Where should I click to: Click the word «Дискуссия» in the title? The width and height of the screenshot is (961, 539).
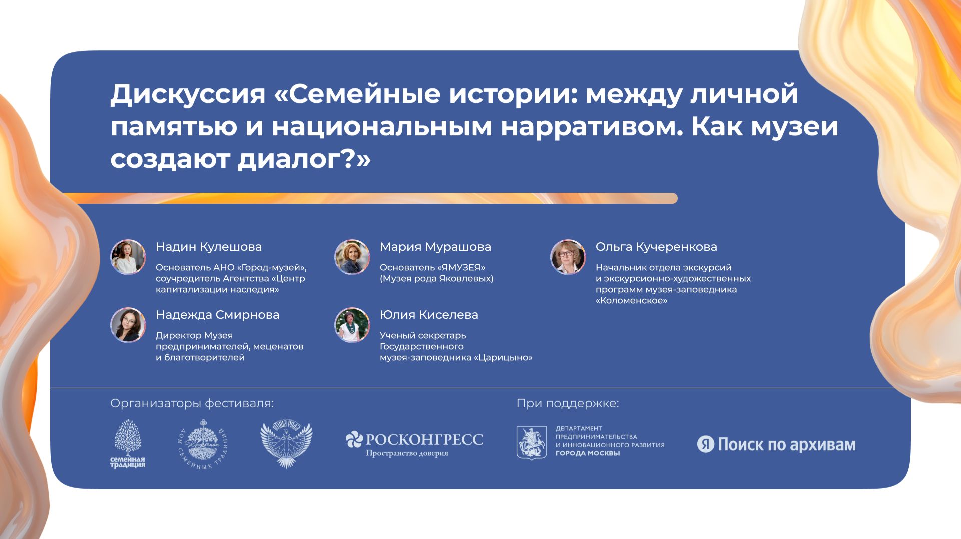(188, 94)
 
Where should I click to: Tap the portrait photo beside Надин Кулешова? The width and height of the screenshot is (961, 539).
(128, 257)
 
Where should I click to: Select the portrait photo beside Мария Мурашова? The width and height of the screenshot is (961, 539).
(352, 257)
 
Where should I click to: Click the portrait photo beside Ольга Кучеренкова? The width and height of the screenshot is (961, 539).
(568, 257)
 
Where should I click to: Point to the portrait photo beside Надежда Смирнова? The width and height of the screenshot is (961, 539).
(128, 325)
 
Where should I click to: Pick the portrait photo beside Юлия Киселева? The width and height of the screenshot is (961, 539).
(352, 325)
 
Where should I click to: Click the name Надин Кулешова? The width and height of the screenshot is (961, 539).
(209, 247)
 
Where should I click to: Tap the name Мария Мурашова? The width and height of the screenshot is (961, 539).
(435, 247)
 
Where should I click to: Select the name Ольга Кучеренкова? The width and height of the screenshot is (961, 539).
(656, 247)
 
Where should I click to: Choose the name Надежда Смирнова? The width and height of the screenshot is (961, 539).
(217, 315)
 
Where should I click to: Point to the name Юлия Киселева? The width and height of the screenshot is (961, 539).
(429, 315)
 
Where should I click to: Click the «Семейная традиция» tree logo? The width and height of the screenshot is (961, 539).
(128, 444)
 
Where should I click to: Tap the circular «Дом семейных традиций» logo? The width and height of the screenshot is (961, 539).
(203, 444)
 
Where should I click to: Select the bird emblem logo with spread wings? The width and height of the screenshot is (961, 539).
(286, 444)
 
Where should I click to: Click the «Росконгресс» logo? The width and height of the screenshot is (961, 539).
(414, 443)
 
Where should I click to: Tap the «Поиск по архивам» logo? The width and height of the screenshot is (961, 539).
(776, 444)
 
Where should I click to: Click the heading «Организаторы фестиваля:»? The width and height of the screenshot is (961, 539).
(192, 403)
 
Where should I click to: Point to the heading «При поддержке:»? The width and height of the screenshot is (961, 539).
(568, 403)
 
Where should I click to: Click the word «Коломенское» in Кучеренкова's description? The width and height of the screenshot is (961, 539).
(631, 301)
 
